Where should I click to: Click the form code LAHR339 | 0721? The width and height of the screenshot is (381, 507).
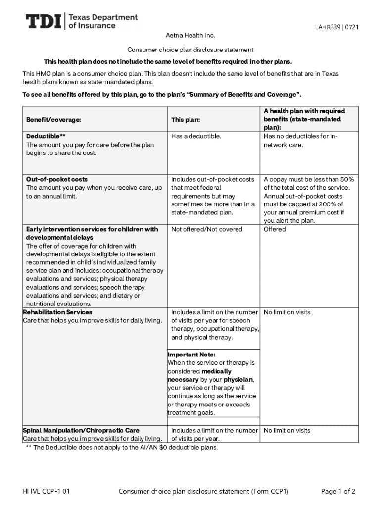pos(336,27)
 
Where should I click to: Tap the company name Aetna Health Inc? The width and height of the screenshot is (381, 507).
pos(190,36)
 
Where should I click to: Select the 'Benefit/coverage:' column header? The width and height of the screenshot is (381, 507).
pos(53,120)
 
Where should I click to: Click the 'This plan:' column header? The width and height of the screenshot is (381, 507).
pos(186,120)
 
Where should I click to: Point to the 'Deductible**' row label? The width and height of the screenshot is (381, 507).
pos(46,136)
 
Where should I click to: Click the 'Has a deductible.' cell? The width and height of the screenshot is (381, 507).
pos(196,136)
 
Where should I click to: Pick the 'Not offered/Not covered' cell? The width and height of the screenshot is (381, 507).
pos(207,229)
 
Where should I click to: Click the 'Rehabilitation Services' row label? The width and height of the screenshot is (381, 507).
pos(57,312)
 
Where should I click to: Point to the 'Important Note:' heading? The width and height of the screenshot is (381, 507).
pos(191,355)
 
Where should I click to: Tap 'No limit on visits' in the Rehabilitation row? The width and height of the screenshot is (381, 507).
pos(287,312)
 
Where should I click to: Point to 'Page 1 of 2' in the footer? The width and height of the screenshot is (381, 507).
pos(338,491)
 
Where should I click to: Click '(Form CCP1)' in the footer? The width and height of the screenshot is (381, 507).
pos(270,491)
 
